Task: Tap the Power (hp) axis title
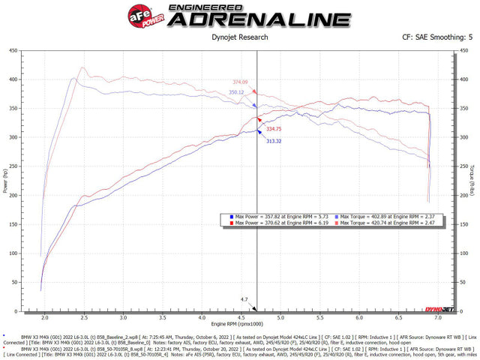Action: click(7, 179)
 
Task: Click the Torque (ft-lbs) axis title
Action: click(472, 179)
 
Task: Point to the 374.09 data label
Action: click(240, 81)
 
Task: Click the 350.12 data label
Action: click(237, 92)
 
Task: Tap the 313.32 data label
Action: click(273, 141)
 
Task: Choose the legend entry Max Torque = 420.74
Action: click(389, 223)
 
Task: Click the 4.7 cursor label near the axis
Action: click(244, 299)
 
